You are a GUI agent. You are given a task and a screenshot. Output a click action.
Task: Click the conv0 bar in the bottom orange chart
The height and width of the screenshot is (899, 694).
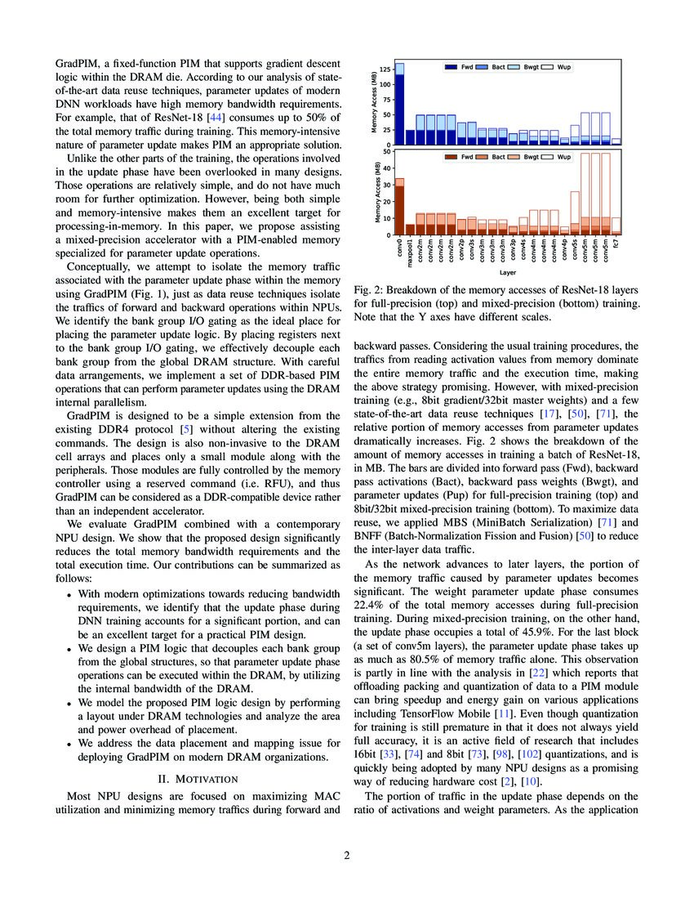[x=399, y=208]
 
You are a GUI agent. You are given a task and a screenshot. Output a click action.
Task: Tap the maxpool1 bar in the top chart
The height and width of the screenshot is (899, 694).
[x=410, y=137]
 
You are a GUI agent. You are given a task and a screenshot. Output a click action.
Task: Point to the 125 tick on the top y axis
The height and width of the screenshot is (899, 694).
[x=386, y=70]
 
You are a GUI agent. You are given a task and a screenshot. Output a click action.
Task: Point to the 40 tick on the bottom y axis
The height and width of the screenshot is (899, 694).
[x=388, y=168]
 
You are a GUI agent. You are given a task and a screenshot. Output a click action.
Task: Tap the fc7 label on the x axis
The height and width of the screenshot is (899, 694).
[x=616, y=243]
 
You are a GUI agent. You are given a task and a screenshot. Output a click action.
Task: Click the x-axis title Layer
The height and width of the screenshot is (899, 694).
[x=508, y=272]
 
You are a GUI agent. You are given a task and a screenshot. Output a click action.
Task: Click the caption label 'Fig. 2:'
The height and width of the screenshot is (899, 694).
[x=369, y=291]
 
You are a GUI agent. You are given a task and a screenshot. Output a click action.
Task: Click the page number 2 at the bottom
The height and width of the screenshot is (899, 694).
[x=346, y=855]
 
